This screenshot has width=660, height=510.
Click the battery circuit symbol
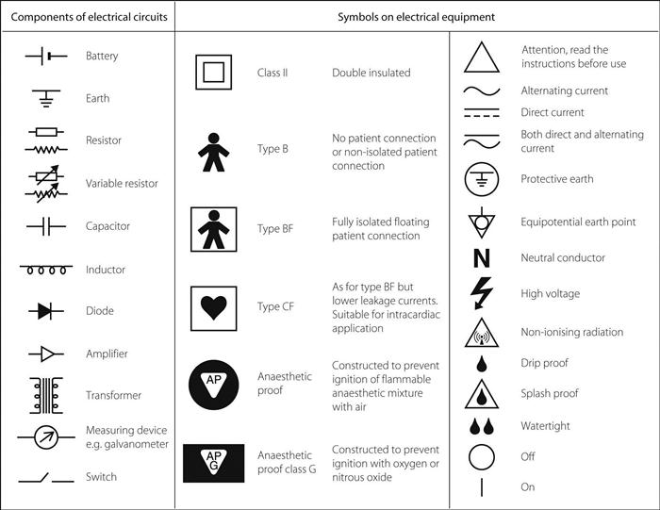click(x=45, y=56)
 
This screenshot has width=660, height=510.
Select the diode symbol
click(x=45, y=311)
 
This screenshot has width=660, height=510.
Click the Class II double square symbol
click(x=213, y=73)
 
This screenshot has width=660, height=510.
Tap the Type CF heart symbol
click(x=213, y=307)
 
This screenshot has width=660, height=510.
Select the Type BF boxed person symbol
click(x=213, y=229)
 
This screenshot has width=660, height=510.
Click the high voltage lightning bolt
click(x=480, y=293)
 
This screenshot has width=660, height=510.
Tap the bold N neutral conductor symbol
click(x=480, y=257)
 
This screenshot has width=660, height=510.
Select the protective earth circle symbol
click(x=480, y=179)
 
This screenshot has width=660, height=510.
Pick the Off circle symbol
click(x=480, y=457)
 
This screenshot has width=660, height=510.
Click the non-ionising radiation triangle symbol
click(x=480, y=332)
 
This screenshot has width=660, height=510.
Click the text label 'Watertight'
click(x=545, y=426)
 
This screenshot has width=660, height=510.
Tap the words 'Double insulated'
click(x=371, y=73)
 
